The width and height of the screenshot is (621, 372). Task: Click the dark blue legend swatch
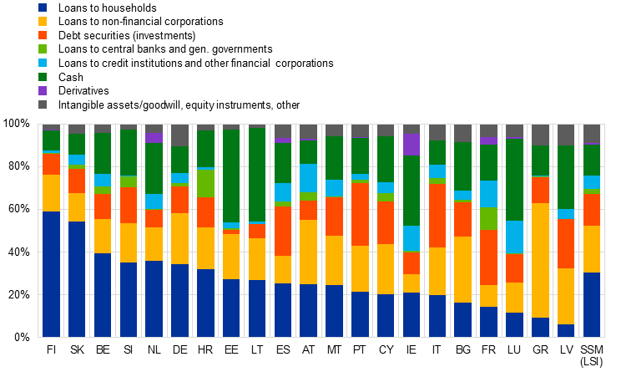43,8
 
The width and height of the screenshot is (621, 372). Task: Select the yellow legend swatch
43,22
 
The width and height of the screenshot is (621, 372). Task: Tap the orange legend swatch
43,35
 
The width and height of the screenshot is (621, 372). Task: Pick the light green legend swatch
43,49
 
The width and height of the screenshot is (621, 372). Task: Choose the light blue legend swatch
43,63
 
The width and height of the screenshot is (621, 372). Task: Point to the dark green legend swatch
43,77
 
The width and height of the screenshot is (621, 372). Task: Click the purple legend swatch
43,90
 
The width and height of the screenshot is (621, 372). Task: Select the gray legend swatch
43,104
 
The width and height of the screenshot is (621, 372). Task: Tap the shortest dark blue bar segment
567,331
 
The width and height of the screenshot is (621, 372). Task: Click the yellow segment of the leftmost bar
51,193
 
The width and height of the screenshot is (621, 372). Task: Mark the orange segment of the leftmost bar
51,164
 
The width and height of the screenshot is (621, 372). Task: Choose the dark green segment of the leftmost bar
51,140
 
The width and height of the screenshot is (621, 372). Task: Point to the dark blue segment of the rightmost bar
592,305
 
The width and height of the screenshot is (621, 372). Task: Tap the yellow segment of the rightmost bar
592,249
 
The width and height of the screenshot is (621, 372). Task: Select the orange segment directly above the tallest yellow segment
541,190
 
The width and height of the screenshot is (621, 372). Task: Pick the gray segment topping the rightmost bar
592,134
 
